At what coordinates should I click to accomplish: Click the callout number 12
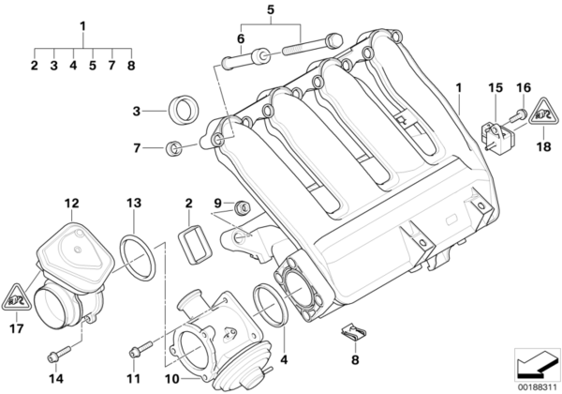(71, 203)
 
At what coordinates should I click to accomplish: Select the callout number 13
(133, 203)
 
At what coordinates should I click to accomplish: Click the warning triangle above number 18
(542, 117)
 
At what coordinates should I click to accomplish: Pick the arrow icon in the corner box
(535, 361)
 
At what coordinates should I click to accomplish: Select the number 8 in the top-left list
(132, 66)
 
